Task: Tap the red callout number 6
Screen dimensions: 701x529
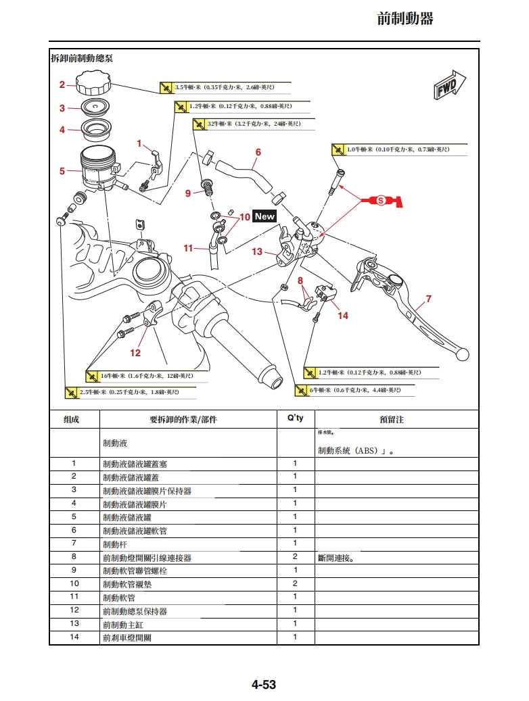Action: click(258, 153)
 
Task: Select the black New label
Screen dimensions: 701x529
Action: click(264, 216)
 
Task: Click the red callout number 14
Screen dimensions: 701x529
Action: click(343, 316)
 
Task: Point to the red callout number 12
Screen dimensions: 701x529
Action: click(136, 353)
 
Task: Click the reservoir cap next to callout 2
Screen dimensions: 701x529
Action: click(93, 83)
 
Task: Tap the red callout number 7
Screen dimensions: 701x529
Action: click(428, 299)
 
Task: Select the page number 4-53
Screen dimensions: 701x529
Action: click(264, 685)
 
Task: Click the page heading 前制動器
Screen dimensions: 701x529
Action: click(405, 19)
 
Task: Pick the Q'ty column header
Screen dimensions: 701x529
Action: click(296, 418)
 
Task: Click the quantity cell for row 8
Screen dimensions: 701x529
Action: click(296, 557)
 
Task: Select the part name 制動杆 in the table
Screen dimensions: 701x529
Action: click(115, 544)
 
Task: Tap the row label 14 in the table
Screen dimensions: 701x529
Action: click(74, 637)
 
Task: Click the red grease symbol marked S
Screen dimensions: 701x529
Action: click(381, 200)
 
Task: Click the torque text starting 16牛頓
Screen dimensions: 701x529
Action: click(146, 375)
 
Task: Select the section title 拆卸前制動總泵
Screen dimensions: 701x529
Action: click(82, 58)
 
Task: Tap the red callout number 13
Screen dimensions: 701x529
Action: click(257, 252)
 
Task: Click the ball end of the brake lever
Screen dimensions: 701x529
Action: click(463, 353)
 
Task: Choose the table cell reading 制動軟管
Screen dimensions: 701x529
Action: click(119, 598)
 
